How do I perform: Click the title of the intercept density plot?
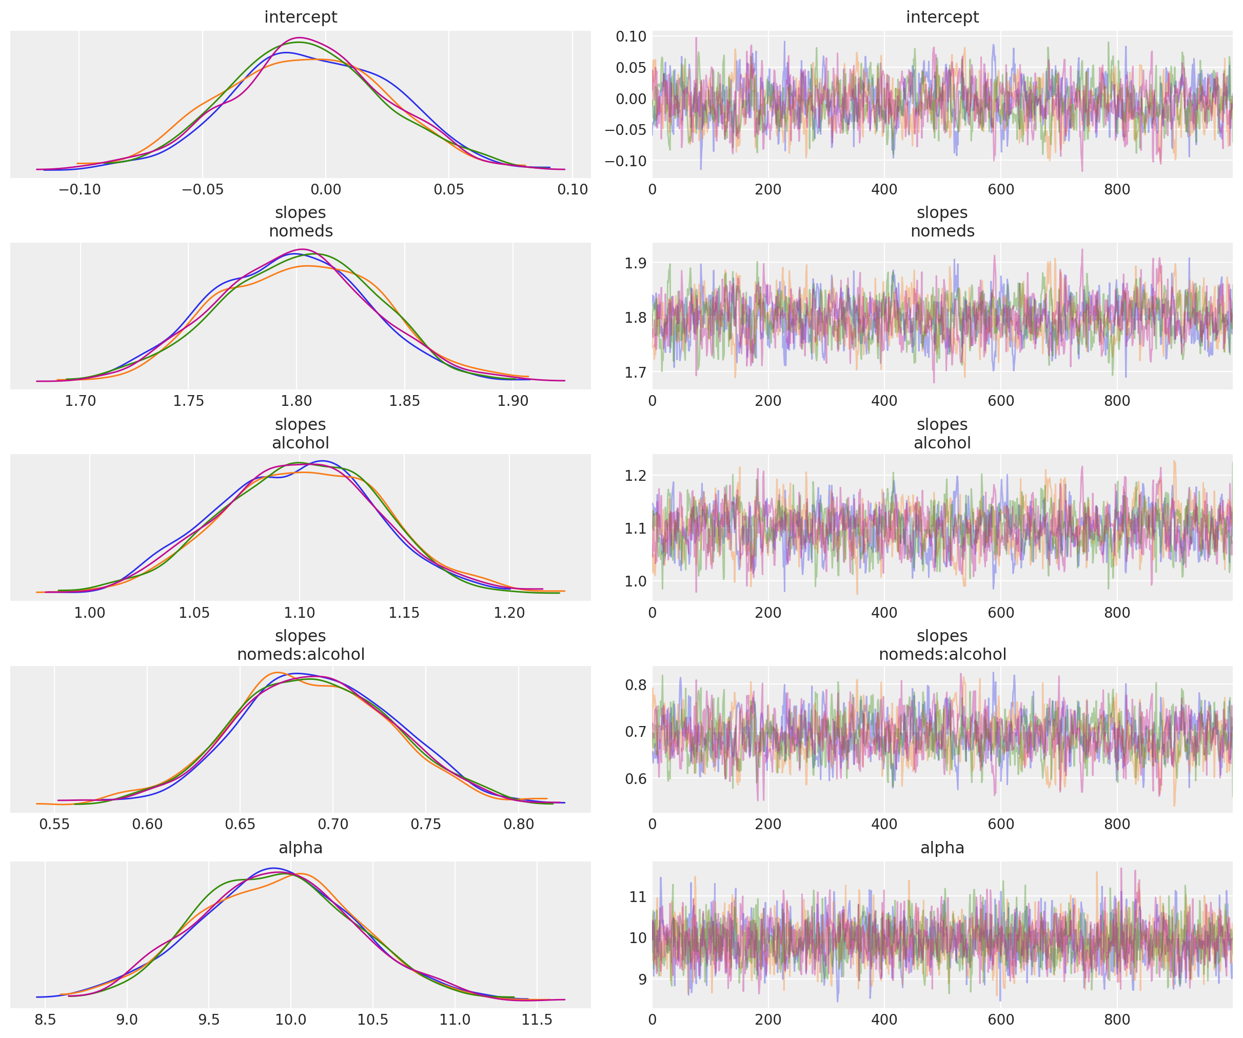300,17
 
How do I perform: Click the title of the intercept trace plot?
942,17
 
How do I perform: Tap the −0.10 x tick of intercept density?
80,189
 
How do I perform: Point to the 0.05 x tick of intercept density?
449,189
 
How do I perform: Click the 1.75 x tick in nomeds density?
188,401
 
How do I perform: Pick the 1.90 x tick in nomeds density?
512,401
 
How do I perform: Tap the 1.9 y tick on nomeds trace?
635,263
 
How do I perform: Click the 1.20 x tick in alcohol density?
509,613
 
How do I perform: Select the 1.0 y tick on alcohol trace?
635,581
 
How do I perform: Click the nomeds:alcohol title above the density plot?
300,654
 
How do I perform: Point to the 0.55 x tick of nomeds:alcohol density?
54,824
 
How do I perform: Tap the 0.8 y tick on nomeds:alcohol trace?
635,685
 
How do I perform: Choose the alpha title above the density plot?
300,848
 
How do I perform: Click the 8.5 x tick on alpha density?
45,1020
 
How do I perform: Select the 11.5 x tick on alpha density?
536,1020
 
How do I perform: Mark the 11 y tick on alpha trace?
638,897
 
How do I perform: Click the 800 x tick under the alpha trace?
1116,1020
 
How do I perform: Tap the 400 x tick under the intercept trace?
884,189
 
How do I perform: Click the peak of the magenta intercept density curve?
301,38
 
